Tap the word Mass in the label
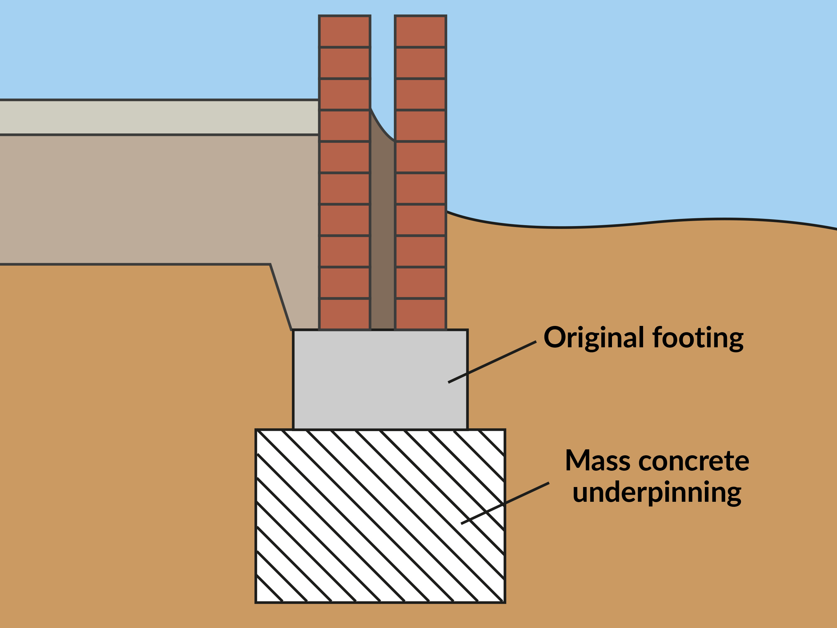pyautogui.click(x=598, y=461)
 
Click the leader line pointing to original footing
pyautogui.click(x=492, y=362)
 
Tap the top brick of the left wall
pyautogui.click(x=344, y=31)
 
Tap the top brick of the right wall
pyautogui.click(x=421, y=31)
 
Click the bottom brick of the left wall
pyautogui.click(x=344, y=314)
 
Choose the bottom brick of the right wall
pyautogui.click(x=421, y=314)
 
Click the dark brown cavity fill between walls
pyautogui.click(x=383, y=235)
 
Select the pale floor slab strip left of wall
pyautogui.click(x=159, y=117)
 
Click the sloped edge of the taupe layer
pyautogui.click(x=281, y=297)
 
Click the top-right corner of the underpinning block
pyautogui.click(x=505, y=430)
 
